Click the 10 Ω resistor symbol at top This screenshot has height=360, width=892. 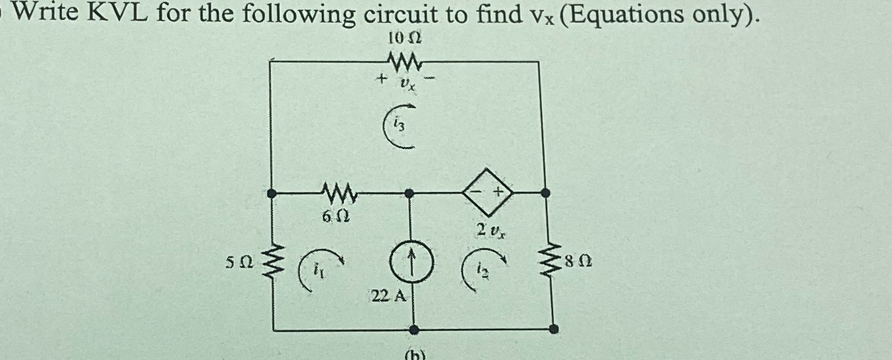[x=405, y=63]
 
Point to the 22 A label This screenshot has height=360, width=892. [x=388, y=297]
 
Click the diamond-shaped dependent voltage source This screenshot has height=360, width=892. [x=489, y=193]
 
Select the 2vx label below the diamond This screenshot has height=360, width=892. [x=491, y=230]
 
